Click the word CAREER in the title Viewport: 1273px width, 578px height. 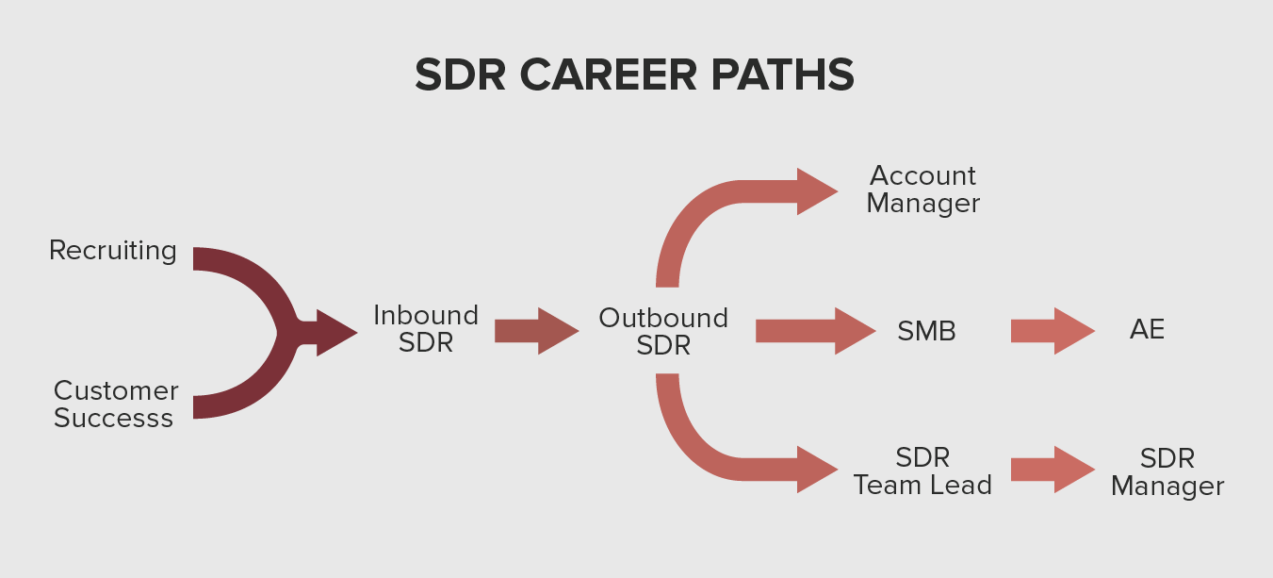click(608, 74)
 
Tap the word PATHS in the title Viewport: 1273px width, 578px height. click(783, 74)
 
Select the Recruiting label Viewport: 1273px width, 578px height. click(112, 251)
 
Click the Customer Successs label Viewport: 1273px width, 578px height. click(116, 404)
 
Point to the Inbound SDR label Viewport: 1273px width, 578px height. click(426, 329)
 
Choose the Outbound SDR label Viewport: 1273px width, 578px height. click(663, 332)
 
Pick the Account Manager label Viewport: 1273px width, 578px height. click(922, 190)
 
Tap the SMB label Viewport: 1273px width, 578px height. click(926, 331)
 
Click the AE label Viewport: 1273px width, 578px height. click(1147, 329)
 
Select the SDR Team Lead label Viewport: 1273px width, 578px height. click(922, 471)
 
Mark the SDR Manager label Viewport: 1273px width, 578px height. click(1167, 472)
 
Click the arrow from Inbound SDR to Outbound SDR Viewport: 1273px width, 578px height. click(536, 331)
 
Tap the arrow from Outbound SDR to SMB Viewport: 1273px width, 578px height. click(815, 331)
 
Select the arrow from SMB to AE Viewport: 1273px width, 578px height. click(1053, 331)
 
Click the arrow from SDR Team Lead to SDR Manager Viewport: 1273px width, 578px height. click(1053, 470)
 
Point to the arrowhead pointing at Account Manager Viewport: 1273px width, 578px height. click(814, 191)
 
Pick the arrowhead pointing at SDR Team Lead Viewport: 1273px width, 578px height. click(814, 470)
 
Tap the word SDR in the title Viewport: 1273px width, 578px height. click(461, 74)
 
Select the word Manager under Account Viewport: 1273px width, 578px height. click(922, 204)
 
